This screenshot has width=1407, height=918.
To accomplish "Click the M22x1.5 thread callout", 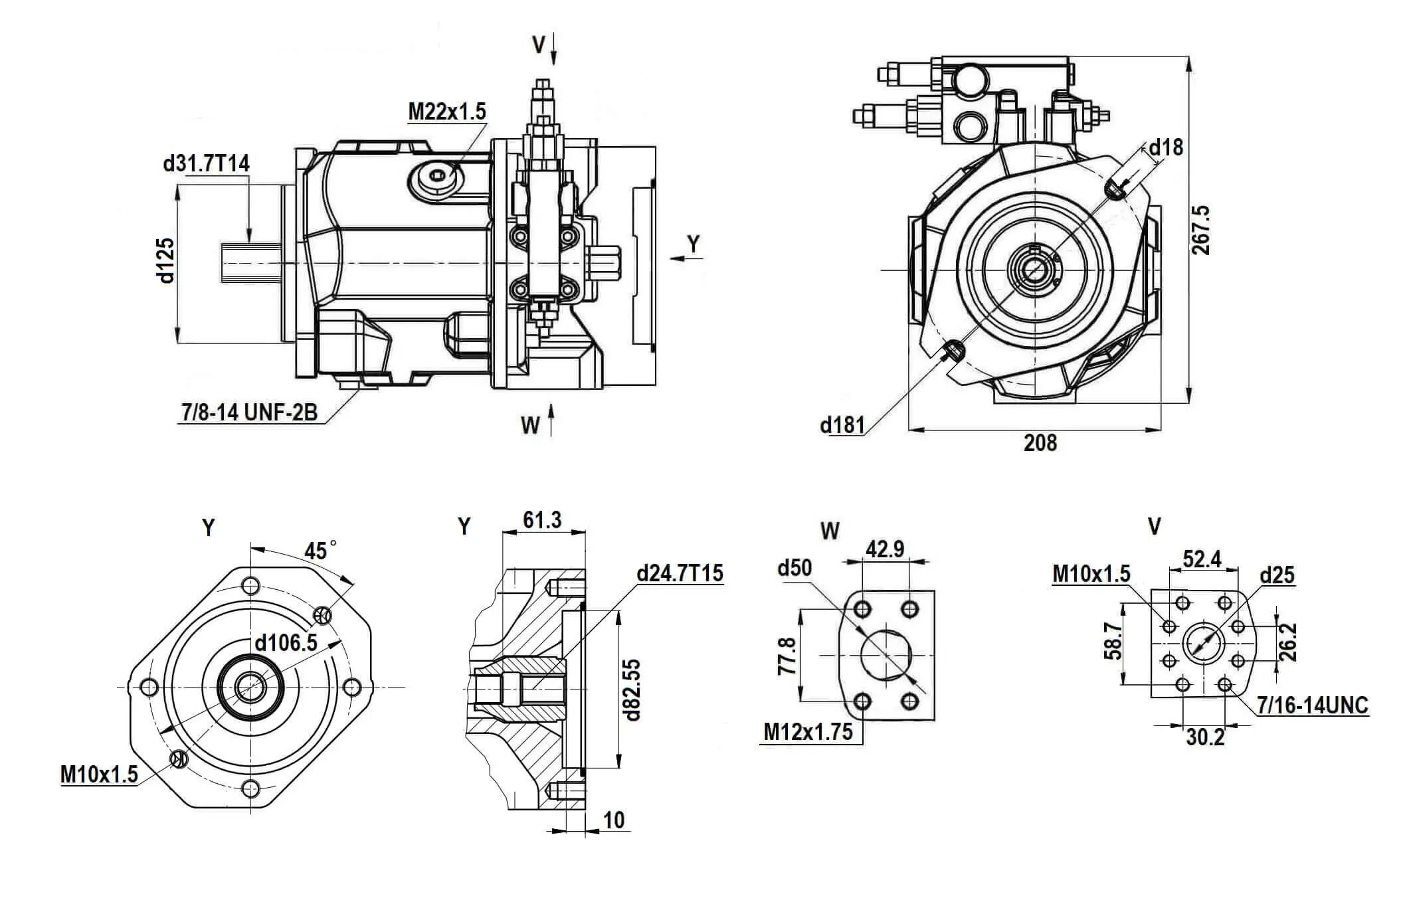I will [446, 112].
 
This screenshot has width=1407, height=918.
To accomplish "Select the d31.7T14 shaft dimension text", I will [206, 163].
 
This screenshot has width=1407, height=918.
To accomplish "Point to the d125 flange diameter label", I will [165, 260].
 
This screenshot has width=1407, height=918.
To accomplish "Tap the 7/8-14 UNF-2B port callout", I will [249, 413].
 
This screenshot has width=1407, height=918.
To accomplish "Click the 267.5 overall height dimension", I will [1200, 230].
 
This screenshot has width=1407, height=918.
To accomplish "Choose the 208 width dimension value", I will [1040, 443].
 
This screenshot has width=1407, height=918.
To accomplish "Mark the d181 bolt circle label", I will [842, 424].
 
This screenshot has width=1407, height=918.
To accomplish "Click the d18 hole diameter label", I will [1166, 147].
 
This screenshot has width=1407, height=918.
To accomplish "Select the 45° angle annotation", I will [319, 551].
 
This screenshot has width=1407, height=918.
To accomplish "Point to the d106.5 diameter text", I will [286, 642].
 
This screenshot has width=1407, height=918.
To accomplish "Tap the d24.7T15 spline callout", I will [680, 573].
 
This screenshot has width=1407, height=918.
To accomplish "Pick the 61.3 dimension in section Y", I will [542, 520].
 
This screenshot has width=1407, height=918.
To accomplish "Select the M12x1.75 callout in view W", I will [808, 731].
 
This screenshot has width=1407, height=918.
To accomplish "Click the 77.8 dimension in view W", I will [787, 656].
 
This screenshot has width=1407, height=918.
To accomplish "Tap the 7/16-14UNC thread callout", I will [1313, 705].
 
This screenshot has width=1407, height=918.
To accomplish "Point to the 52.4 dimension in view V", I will [1202, 559].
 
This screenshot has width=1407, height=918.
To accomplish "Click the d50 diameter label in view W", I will [795, 568].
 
